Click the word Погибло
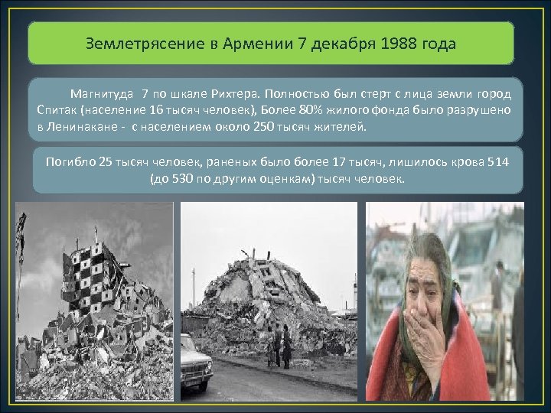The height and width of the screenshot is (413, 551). pos(71,162)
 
